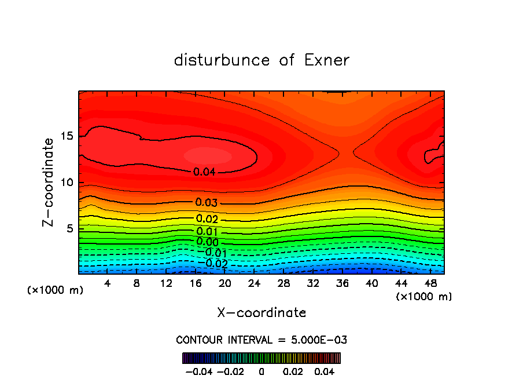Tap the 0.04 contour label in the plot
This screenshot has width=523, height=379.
[205, 172]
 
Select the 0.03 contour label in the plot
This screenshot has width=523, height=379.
[207, 202]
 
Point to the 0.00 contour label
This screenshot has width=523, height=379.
[207, 242]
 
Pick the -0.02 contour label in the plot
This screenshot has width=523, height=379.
[216, 264]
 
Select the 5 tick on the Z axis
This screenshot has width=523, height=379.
[70, 229]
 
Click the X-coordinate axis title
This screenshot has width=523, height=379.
[261, 313]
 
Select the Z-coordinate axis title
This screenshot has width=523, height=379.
[49, 182]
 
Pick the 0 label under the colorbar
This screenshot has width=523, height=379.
[261, 370]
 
